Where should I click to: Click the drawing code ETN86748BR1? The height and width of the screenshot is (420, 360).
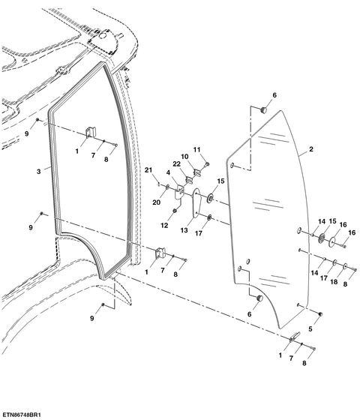[21, 415]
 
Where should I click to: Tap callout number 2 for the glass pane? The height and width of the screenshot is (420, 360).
[311, 149]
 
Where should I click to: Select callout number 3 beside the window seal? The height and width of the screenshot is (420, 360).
[38, 172]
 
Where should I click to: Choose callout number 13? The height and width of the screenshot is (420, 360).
[184, 230]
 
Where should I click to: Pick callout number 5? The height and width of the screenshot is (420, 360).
[310, 329]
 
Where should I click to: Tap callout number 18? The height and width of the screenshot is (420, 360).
[334, 282]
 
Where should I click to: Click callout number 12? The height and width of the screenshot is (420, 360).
[164, 225]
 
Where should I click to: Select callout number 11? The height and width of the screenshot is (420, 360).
[196, 150]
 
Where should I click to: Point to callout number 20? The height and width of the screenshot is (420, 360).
[157, 202]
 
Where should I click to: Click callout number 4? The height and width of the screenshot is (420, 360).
[168, 172]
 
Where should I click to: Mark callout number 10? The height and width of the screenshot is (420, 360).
[184, 157]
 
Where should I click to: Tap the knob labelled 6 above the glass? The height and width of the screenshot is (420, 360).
[264, 109]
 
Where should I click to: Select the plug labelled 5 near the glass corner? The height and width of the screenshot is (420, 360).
[319, 314]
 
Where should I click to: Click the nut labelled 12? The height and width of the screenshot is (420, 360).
[175, 211]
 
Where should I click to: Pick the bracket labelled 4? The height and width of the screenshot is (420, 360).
[179, 191]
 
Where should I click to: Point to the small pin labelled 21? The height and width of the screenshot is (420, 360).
[159, 184]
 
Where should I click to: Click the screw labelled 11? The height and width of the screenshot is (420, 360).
[207, 164]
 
